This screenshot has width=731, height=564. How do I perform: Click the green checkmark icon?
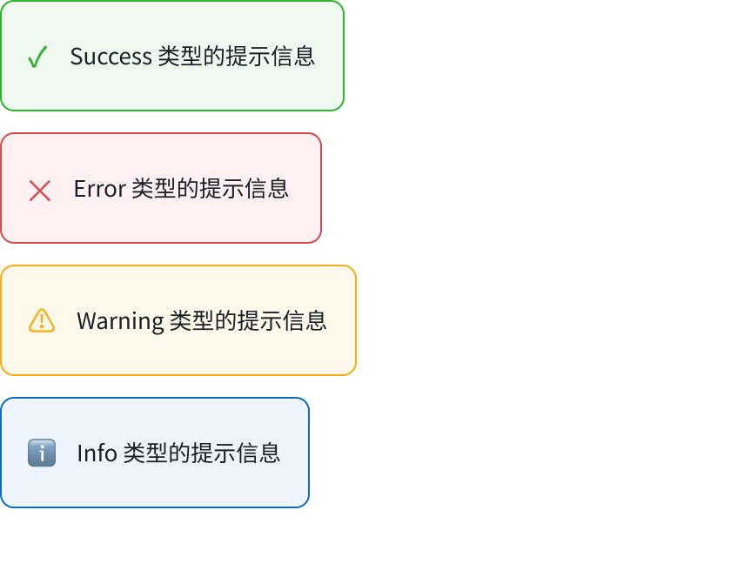[x=37, y=57]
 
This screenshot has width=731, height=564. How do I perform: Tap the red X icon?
[x=40, y=191]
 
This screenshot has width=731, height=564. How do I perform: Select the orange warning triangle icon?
[x=42, y=320]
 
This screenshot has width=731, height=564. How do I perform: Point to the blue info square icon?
[x=42, y=453]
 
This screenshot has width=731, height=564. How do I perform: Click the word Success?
[x=111, y=57]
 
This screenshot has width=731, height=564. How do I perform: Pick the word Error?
[x=100, y=189]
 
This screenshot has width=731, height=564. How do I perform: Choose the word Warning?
[x=120, y=322]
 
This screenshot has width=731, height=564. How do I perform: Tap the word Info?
[x=97, y=453]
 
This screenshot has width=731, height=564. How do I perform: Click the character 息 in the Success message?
[x=305, y=57]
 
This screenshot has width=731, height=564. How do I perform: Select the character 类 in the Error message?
[x=143, y=189]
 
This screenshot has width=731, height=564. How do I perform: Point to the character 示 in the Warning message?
[x=271, y=320]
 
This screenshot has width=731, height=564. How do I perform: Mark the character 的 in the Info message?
[x=179, y=453]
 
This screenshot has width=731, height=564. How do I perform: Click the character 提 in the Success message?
[x=237, y=57]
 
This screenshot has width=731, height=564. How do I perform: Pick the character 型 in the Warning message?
[x=203, y=320]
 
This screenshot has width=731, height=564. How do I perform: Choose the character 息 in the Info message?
[x=270, y=453]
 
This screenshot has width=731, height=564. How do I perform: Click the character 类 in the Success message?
[x=169, y=57]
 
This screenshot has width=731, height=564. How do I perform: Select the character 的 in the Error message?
[x=188, y=189]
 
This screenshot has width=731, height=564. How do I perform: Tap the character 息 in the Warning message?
[x=316, y=320]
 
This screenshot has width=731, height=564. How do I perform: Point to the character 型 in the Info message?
[x=157, y=453]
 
